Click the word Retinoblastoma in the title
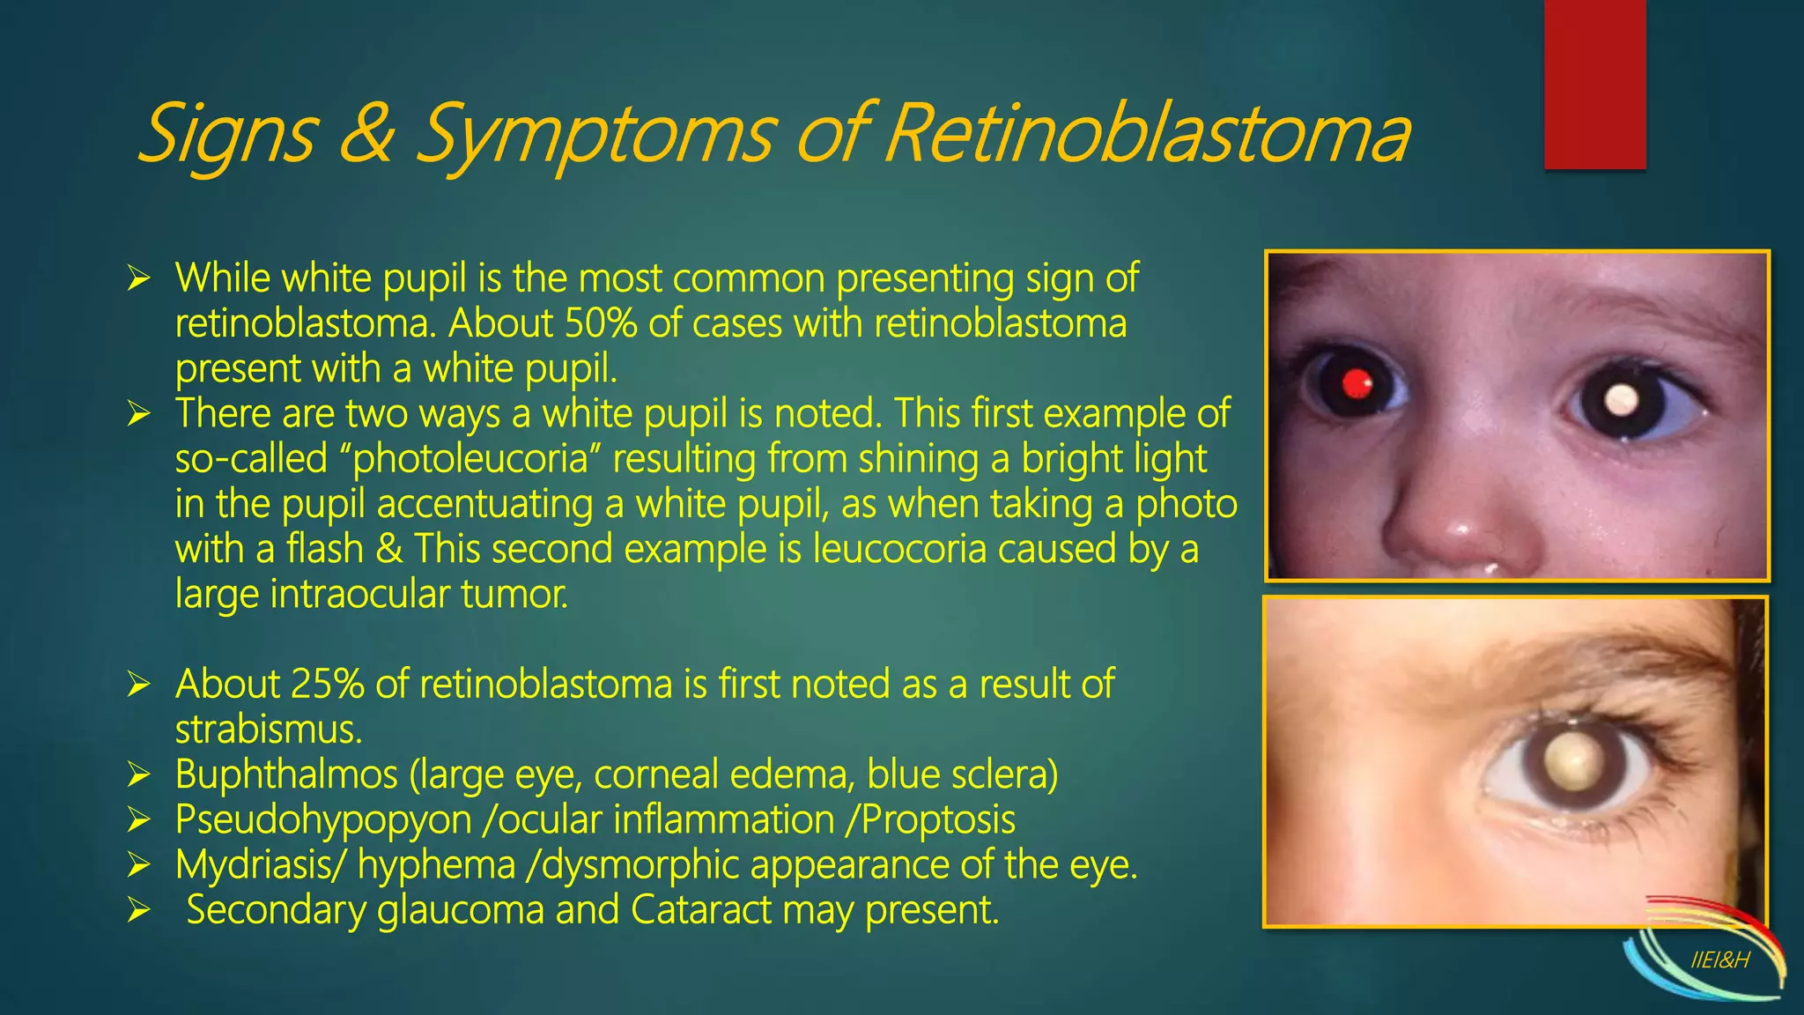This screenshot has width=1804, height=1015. tap(1145, 134)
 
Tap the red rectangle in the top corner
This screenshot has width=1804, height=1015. tap(1594, 84)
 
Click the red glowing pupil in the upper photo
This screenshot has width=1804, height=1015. tap(1357, 383)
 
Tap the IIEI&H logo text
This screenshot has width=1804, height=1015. tap(1719, 960)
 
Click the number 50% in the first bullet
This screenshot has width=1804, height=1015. tap(599, 323)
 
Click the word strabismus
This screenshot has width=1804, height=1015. tap(268, 730)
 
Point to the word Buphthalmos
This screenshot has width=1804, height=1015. tap(286, 774)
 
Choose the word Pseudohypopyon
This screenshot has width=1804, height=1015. tap(323, 820)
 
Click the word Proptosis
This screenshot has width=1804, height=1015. tap(938, 820)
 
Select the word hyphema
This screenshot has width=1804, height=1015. tap(436, 865)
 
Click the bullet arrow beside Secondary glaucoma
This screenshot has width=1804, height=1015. tap(139, 910)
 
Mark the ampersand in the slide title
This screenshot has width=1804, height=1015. tap(364, 134)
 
